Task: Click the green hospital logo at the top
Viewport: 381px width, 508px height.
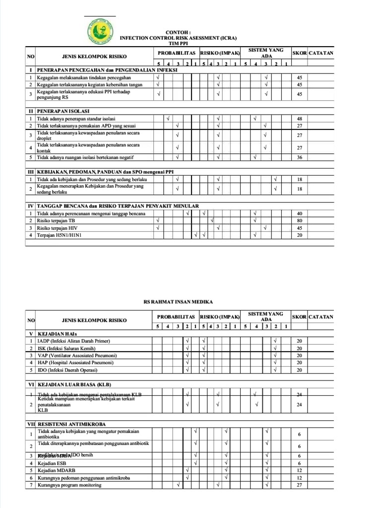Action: coord(100,31)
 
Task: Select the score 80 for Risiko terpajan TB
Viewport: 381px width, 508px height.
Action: coord(299,220)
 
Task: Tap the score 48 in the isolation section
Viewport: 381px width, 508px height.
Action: coord(299,119)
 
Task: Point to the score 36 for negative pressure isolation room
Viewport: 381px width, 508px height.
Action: coord(299,157)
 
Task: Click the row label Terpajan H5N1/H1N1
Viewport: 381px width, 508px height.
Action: coord(59,235)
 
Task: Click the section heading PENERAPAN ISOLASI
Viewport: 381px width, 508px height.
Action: coord(63,111)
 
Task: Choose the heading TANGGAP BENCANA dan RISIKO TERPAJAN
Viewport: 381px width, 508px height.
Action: coord(118,206)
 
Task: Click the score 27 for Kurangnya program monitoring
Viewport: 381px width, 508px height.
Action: coord(299,485)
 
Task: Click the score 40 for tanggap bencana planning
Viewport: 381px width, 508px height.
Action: coord(299,213)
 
